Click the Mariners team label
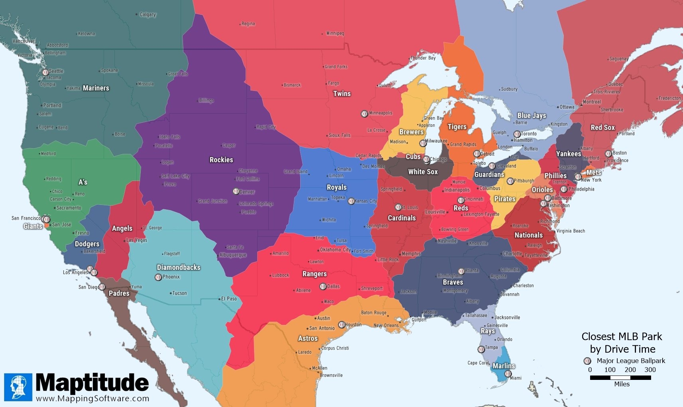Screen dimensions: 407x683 click(x=96, y=88)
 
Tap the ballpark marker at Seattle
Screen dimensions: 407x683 click(x=45, y=73)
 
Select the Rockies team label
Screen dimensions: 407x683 click(x=221, y=160)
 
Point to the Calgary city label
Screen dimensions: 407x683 click(x=148, y=15)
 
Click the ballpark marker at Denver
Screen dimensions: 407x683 click(x=236, y=191)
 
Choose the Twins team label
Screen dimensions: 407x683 click(x=342, y=94)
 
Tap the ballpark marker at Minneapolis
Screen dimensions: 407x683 click(x=364, y=114)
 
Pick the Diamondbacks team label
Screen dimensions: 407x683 click(x=179, y=267)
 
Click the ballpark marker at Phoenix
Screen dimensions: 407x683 click(x=158, y=277)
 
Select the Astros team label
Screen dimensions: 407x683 click(x=308, y=338)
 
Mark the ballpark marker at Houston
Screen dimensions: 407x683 click(x=342, y=325)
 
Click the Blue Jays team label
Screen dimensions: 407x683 click(x=531, y=116)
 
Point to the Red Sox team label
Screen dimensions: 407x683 click(x=602, y=128)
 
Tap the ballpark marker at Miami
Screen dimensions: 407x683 click(x=508, y=374)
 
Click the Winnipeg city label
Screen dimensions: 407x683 click(x=335, y=33)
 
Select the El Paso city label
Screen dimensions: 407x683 click(x=229, y=299)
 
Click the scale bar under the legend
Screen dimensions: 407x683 click(x=620, y=378)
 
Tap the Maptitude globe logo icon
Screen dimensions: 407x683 click(x=18, y=387)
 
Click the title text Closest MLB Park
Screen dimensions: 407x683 click(x=622, y=337)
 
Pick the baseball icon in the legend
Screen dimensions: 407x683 click(x=587, y=361)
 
